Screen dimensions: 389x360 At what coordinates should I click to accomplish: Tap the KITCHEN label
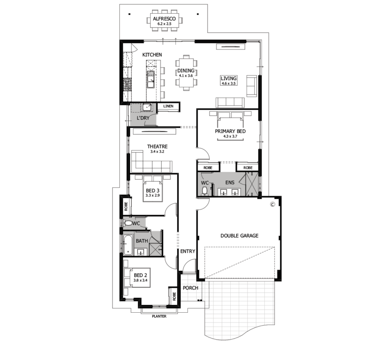coord(152,55)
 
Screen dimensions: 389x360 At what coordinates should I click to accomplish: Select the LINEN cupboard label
coord(168,106)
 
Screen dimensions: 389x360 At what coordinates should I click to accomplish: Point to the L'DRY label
coord(143,118)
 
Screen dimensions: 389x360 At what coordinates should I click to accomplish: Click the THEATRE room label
coord(157,147)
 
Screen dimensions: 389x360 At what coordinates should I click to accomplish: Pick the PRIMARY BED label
coord(230,131)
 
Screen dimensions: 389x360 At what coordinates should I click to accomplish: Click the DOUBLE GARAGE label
coord(240,236)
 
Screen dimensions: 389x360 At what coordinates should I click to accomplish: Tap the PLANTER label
coord(159,316)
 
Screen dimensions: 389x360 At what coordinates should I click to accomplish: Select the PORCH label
coord(191,288)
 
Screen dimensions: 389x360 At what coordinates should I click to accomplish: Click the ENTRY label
coord(188,251)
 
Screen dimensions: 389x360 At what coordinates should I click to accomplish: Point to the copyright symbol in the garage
coord(272,205)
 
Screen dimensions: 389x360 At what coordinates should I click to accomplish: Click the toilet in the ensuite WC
coord(205,191)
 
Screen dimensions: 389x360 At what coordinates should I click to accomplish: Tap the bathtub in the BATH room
coord(128,245)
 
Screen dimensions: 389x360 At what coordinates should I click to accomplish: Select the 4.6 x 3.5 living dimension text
coord(229,83)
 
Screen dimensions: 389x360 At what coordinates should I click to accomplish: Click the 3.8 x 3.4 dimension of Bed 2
coord(141,280)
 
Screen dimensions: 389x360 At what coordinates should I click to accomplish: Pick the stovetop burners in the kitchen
coord(127,84)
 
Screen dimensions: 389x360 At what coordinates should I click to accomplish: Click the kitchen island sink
coord(151,80)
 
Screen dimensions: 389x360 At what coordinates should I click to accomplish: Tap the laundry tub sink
coord(147,108)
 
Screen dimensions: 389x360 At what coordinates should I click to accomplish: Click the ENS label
coord(230,183)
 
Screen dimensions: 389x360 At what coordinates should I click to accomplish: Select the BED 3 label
coord(153,191)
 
